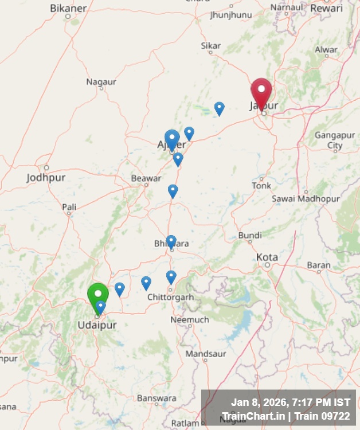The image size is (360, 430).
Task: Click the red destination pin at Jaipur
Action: [261, 92]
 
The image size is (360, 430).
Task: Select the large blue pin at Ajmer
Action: [172, 139]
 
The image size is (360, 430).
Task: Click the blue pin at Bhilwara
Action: [171, 241]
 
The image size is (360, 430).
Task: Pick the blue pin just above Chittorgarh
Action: [171, 277]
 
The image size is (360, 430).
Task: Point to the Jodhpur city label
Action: [46, 178]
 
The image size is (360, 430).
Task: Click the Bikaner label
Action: [68, 8]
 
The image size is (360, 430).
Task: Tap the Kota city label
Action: [267, 257]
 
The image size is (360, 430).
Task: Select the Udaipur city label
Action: [97, 325]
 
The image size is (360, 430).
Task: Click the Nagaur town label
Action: [101, 82]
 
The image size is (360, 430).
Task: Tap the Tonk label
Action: [261, 186]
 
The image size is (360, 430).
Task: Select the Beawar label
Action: [146, 178]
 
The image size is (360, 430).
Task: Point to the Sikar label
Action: [210, 45]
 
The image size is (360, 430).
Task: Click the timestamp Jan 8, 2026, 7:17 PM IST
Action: [291, 402]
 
